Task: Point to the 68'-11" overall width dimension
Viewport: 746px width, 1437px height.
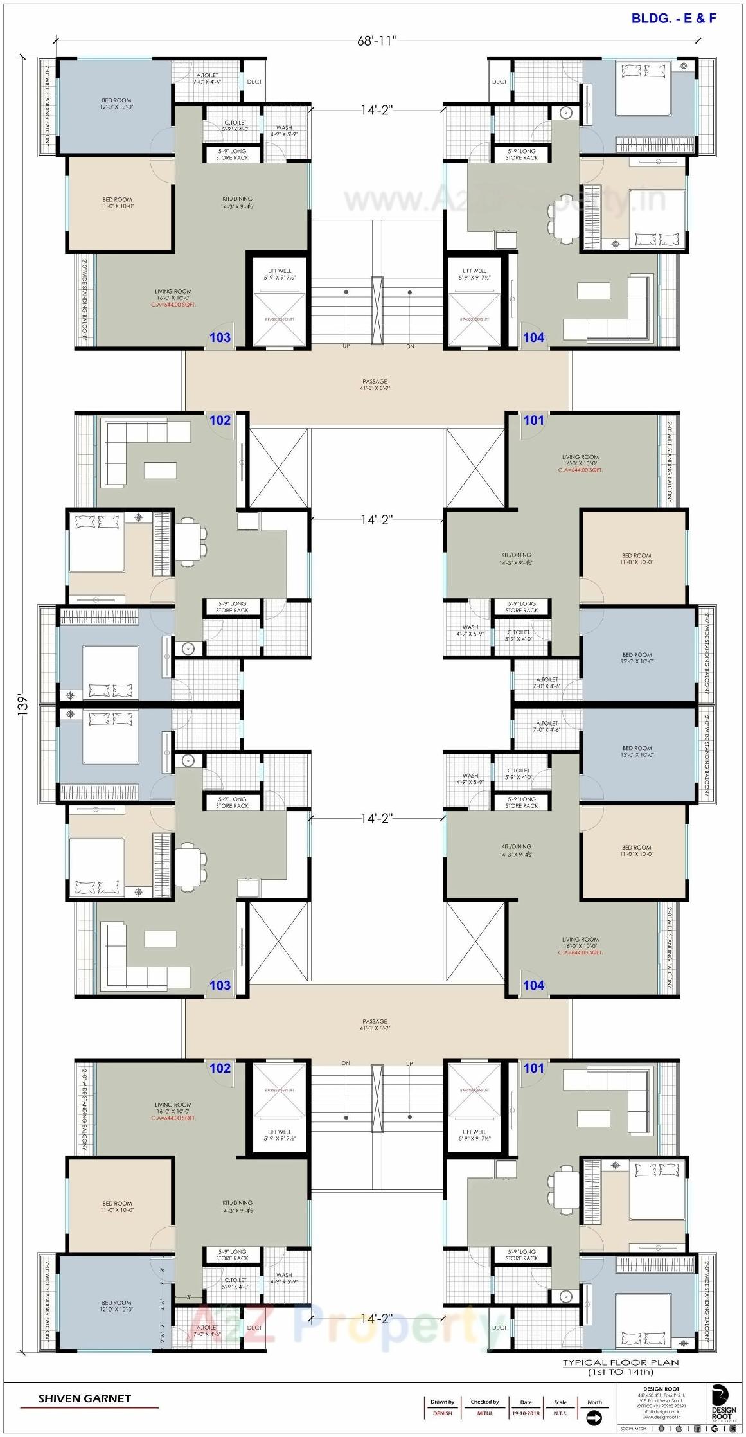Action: click(x=377, y=41)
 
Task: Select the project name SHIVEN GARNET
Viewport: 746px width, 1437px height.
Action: click(x=84, y=1398)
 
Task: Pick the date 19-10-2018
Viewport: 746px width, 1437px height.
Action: click(x=526, y=1413)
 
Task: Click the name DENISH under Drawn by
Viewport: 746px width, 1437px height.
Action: click(x=442, y=1413)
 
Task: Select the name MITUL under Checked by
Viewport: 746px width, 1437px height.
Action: click(x=484, y=1413)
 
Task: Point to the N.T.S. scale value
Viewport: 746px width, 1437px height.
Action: click(x=560, y=1413)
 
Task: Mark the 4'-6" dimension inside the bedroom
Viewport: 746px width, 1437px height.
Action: click(x=163, y=1304)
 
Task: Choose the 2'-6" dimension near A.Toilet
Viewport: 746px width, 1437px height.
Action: click(x=163, y=1337)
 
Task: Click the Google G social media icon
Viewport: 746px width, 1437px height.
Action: click(x=715, y=1429)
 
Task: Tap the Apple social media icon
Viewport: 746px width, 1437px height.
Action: click(x=679, y=1429)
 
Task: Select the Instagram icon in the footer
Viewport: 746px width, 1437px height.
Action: click(x=733, y=1429)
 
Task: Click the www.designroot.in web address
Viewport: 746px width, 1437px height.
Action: click(x=661, y=1417)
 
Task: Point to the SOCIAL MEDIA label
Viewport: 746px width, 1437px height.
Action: click(x=634, y=1429)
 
